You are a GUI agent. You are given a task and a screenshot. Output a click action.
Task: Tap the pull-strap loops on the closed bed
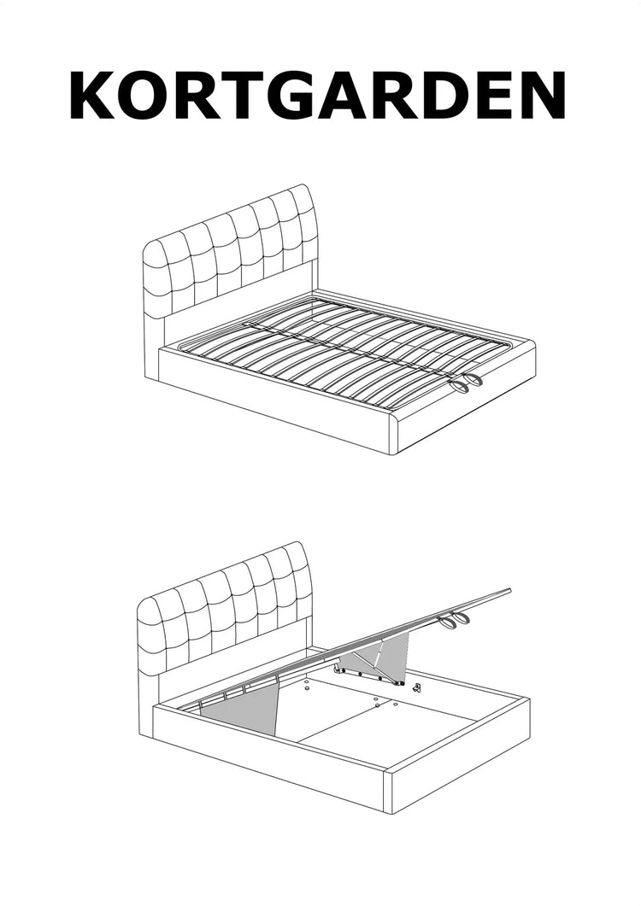(467, 383)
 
